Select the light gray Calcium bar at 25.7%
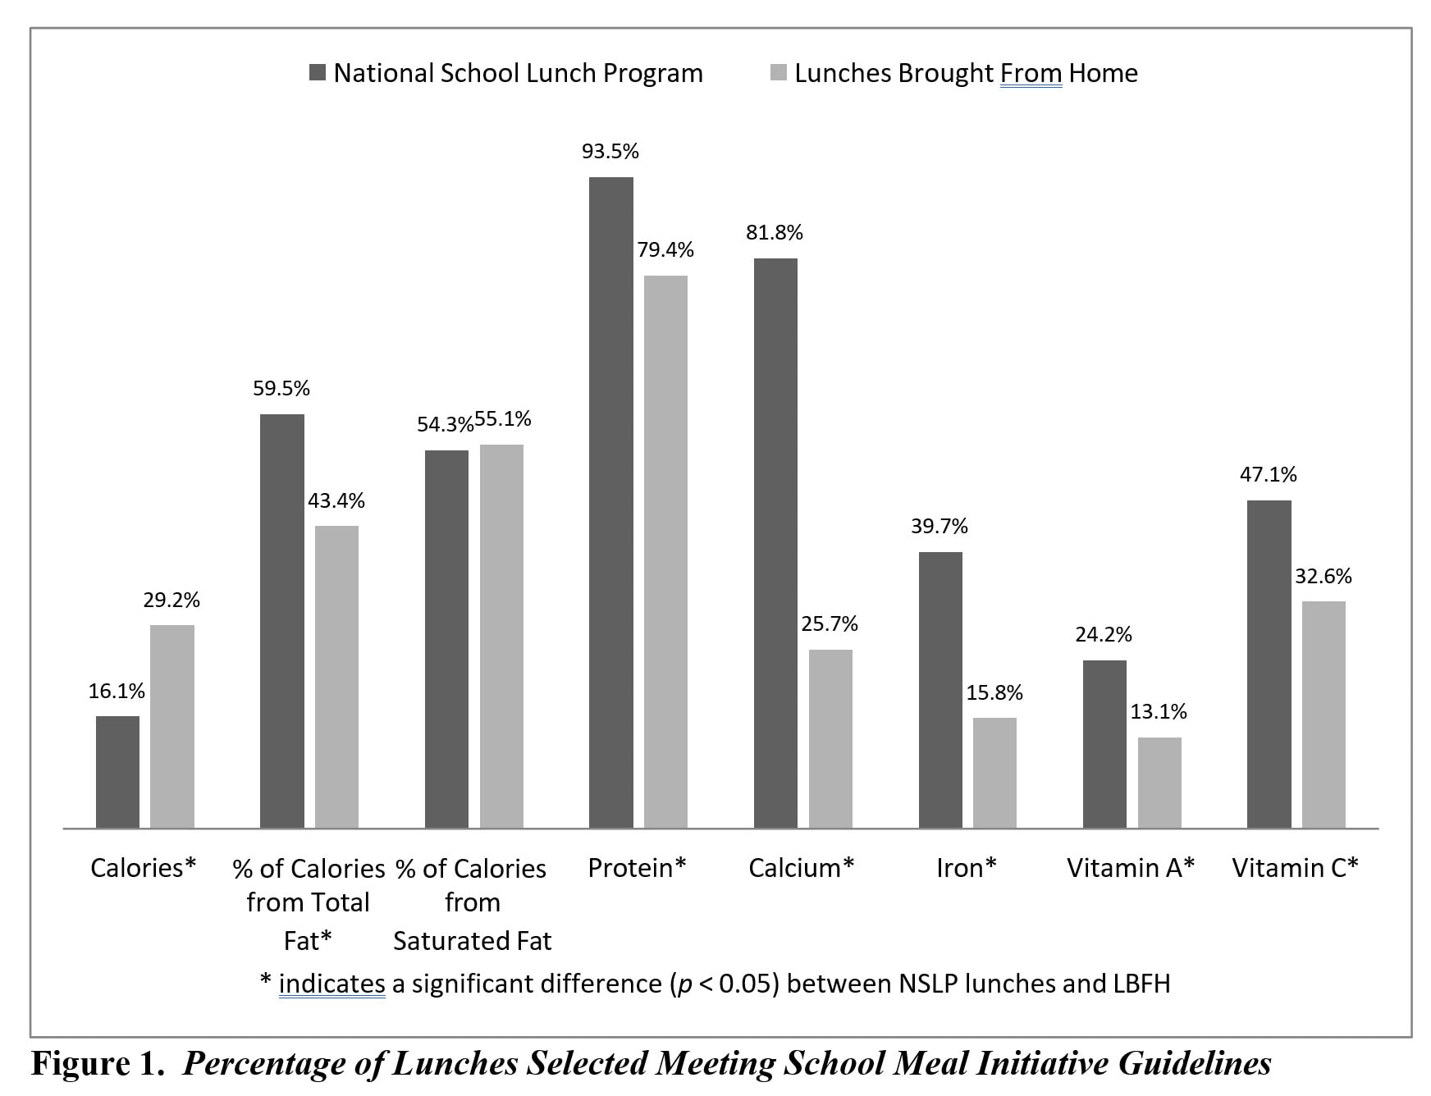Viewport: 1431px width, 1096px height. point(830,738)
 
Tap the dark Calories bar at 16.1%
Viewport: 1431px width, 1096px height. point(117,771)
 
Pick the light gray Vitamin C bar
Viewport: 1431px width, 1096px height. point(1324,714)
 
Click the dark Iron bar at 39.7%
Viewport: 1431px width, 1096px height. point(940,689)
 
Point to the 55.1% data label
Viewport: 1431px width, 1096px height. point(503,419)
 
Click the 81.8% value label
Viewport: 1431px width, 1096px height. point(774,233)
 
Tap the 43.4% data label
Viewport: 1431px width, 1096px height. point(336,500)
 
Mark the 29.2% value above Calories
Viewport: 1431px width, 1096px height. point(171,601)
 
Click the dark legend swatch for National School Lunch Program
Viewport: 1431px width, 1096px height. point(318,73)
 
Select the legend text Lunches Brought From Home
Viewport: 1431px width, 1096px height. point(966,73)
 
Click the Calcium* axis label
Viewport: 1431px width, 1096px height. point(801,868)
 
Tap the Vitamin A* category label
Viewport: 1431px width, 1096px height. point(1130,868)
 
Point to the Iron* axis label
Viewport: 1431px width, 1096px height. point(966,868)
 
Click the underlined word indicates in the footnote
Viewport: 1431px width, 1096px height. point(331,983)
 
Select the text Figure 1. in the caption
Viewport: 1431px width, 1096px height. point(94,1063)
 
